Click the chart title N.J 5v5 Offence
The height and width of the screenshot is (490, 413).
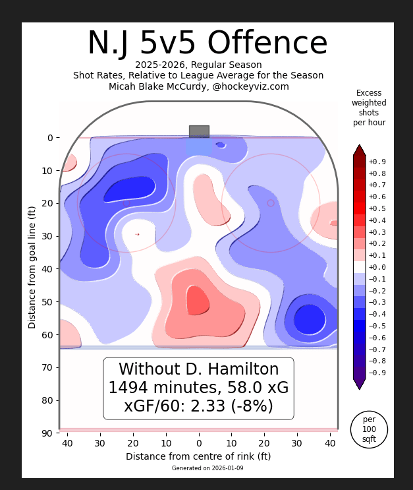[207, 44]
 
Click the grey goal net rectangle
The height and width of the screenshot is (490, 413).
[199, 131]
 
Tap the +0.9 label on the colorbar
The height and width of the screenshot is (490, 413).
[377, 162]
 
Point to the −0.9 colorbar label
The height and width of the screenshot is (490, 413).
[377, 373]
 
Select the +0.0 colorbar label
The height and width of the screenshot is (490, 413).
[377, 267]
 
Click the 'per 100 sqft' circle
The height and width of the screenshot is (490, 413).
[369, 429]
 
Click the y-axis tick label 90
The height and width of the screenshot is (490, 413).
[47, 433]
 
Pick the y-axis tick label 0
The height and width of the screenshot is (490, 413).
[49, 138]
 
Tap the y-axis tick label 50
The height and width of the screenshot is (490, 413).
[47, 302]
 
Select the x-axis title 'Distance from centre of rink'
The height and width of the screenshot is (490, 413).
[198, 456]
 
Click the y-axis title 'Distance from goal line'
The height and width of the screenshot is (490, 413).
[32, 267]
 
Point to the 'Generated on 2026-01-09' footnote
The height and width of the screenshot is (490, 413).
[198, 468]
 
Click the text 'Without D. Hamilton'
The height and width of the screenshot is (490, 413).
[198, 369]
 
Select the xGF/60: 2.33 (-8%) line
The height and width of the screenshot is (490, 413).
[198, 406]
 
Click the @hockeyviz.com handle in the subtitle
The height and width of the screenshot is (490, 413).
[250, 86]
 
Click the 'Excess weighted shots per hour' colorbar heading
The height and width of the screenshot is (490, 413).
[369, 108]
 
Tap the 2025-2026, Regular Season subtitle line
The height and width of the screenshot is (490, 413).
[198, 65]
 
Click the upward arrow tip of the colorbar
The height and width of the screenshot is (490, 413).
[359, 146]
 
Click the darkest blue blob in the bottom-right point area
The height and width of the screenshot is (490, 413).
[309, 320]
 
